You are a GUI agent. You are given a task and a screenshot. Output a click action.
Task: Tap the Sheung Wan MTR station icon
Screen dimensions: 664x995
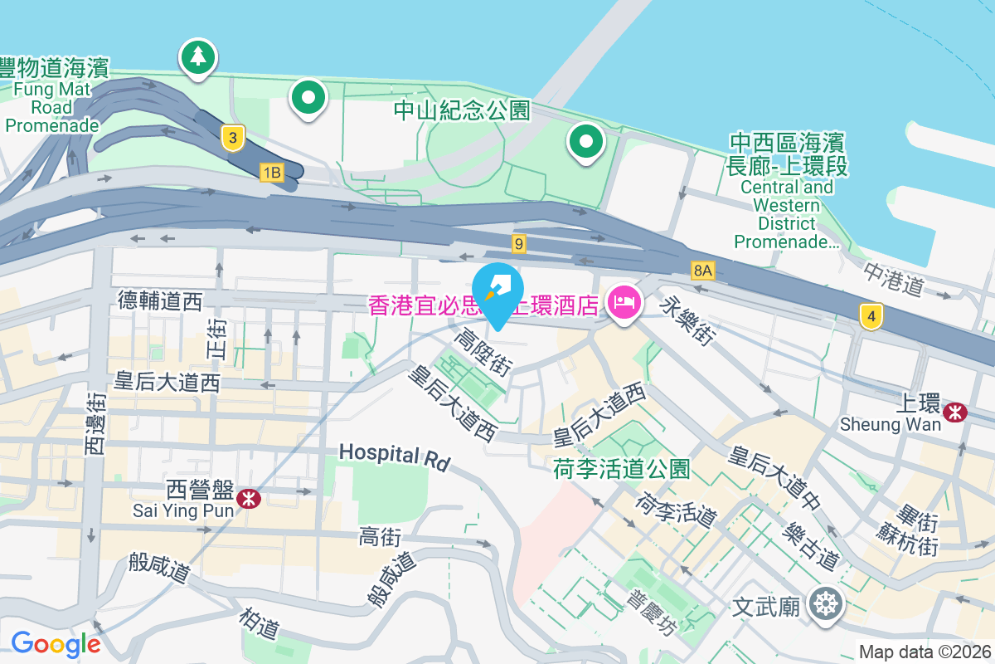(956, 410)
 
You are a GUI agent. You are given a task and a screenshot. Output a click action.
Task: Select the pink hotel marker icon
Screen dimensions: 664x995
(623, 300)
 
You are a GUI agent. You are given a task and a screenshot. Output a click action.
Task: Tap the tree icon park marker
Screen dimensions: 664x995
(198, 57)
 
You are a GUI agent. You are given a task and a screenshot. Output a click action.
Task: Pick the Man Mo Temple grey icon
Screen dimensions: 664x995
(826, 604)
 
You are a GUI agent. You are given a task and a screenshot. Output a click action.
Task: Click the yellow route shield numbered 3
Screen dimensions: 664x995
(235, 138)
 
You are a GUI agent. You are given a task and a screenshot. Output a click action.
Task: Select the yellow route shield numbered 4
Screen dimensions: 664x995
(870, 316)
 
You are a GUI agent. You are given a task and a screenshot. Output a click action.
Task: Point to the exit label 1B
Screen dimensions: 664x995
(271, 172)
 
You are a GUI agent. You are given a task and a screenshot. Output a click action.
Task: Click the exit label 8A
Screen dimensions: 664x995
(703, 270)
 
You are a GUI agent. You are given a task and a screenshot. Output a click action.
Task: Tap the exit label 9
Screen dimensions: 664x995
(519, 243)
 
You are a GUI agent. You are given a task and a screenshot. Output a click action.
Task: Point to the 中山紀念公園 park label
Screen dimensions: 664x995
(461, 110)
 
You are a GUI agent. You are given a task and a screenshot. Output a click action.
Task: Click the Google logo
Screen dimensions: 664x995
(56, 644)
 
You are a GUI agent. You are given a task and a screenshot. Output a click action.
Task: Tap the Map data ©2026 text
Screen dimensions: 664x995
(925, 652)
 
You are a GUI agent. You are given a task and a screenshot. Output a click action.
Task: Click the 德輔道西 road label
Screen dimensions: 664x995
(160, 300)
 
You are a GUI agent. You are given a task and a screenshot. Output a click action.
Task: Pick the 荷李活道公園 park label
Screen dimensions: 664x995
(621, 469)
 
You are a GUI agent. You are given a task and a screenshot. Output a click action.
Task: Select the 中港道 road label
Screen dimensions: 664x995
(893, 280)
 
